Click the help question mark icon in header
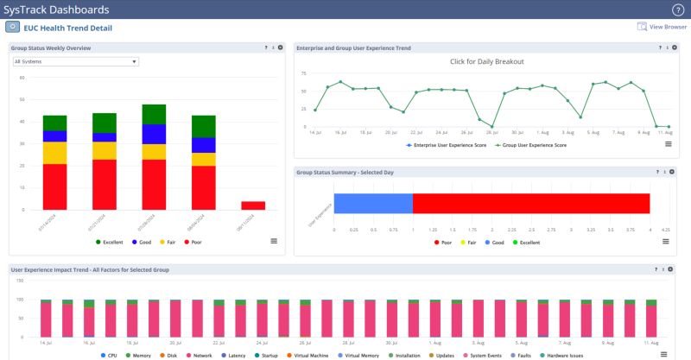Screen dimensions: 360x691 (x=677, y=9)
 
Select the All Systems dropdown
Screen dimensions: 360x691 (x=75, y=62)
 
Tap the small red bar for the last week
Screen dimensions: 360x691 (x=252, y=205)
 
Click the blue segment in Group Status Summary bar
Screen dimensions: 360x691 (x=373, y=203)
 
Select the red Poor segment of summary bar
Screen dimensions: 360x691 (x=530, y=203)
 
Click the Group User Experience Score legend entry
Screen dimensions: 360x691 (x=535, y=145)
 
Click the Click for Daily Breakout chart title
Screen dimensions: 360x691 (x=487, y=61)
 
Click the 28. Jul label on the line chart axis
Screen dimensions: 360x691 (x=491, y=133)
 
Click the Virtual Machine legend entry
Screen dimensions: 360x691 (x=313, y=355)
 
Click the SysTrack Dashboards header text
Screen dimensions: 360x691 (x=57, y=9)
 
